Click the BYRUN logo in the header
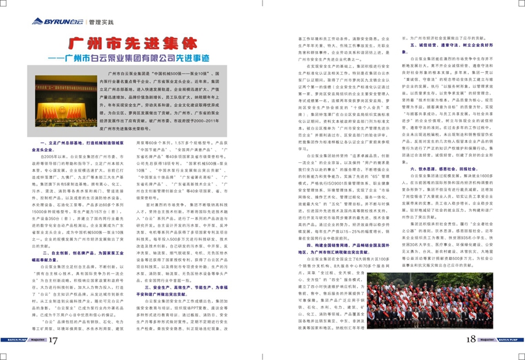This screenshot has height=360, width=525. pyautogui.click(x=56, y=21)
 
